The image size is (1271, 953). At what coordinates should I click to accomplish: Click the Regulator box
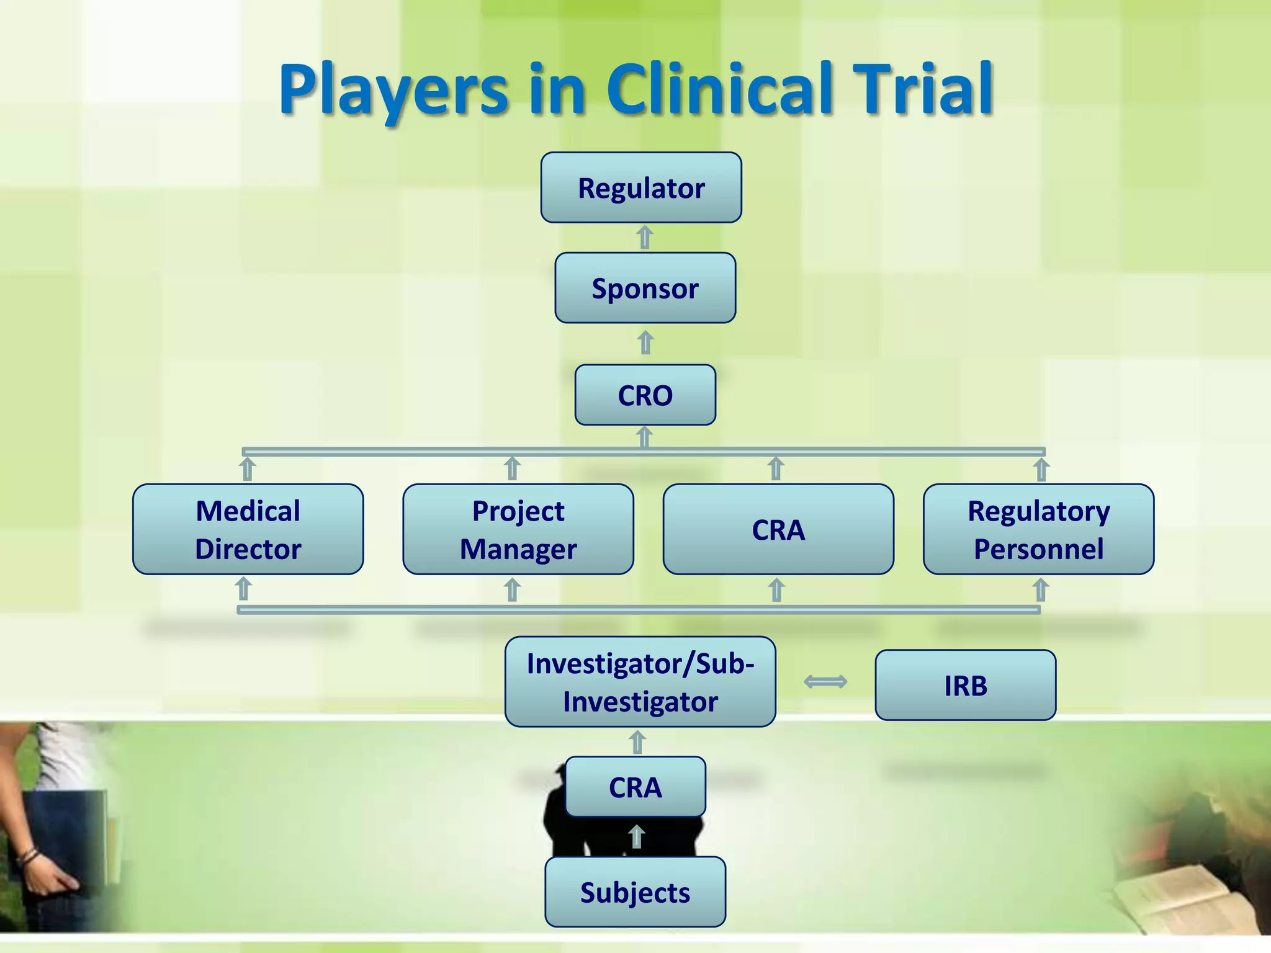641,187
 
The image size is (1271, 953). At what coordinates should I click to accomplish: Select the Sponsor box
645,288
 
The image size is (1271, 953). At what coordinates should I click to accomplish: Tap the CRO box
645,395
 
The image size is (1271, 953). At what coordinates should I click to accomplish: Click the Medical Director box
248,529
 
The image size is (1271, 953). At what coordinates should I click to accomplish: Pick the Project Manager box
518,529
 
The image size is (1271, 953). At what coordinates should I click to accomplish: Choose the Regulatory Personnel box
1038,529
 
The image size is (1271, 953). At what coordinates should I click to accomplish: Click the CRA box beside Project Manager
778,529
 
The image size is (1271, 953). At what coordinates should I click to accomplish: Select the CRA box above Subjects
635,787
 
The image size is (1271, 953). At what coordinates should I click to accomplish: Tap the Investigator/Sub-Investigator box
640,682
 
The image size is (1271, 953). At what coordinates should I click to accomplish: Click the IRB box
965,685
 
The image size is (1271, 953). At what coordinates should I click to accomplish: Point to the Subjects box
635,892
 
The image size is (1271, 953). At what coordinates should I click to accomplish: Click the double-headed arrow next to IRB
825,682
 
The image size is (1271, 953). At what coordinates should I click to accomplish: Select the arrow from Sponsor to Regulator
645,238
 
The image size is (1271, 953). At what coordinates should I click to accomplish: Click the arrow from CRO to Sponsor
645,343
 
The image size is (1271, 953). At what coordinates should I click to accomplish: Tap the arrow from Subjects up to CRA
636,836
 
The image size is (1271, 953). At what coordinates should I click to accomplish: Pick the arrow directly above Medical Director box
248,470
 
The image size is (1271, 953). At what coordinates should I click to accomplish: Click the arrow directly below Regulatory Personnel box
1041,590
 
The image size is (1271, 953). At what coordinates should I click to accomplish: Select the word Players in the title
393,90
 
